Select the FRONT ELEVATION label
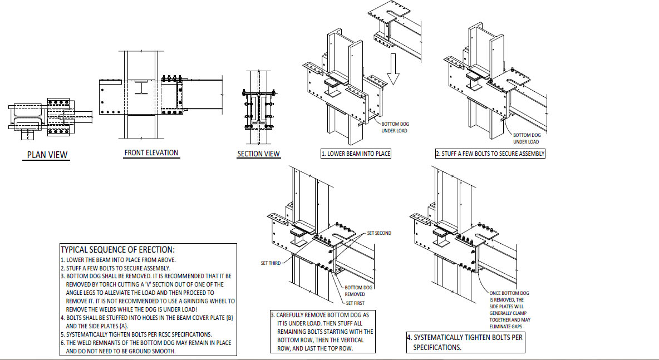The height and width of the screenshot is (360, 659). coord(151,152)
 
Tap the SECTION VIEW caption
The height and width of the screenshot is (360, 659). coord(259,154)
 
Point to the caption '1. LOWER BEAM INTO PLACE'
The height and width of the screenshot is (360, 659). coord(356,154)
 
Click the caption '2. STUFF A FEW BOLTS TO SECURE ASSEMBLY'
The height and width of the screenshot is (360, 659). coord(490,154)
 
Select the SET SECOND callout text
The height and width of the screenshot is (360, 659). coord(379,233)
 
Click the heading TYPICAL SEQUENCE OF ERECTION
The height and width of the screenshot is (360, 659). coord(117,250)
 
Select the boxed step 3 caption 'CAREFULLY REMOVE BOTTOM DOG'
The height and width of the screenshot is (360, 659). coord(322,332)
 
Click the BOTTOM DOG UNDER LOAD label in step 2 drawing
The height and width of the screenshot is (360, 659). coord(526,138)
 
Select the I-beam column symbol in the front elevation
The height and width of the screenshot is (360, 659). coord(142,87)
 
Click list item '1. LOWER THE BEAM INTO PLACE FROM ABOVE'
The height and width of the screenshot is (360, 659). coord(118,260)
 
